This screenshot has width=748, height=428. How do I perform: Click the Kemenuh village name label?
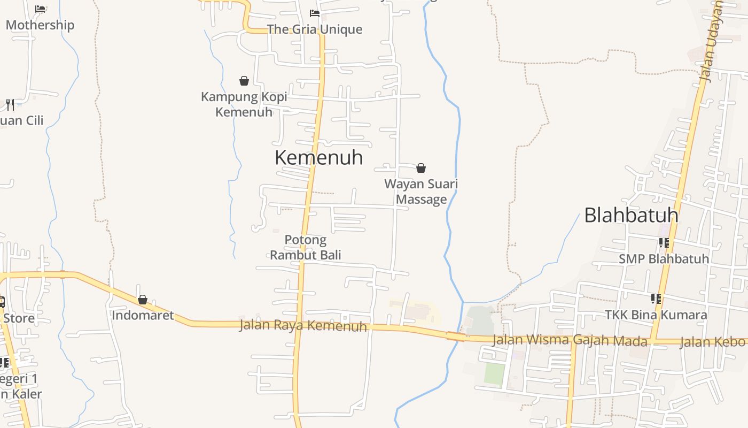[318, 157]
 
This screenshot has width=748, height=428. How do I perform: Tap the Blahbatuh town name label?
[631, 215]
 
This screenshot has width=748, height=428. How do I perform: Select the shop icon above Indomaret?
[143, 300]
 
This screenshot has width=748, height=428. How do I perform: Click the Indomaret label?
[143, 315]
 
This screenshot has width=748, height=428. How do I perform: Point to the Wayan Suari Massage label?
[421, 192]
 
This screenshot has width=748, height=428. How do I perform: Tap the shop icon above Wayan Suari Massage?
[421, 168]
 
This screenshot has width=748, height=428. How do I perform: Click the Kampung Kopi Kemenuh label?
[244, 104]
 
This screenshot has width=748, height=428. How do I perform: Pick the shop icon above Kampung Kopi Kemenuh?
[244, 81]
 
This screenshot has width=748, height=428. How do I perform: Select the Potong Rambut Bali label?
[305, 247]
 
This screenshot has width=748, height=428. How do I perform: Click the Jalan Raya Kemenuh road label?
[303, 325]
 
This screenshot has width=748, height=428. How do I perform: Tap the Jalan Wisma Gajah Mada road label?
[570, 340]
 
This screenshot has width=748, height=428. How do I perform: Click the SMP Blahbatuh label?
[664, 259]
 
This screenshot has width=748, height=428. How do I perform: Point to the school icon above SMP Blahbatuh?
[664, 243]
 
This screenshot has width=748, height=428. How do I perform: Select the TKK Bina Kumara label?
[656, 315]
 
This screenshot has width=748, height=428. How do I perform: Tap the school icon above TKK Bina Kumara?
[656, 299]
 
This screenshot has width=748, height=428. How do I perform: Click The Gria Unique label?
[314, 29]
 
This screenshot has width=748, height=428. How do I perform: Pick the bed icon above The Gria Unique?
[315, 13]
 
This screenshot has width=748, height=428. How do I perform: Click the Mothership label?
[40, 25]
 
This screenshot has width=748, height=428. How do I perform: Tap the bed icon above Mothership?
[40, 9]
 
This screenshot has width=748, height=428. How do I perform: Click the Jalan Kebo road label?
[713, 342]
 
